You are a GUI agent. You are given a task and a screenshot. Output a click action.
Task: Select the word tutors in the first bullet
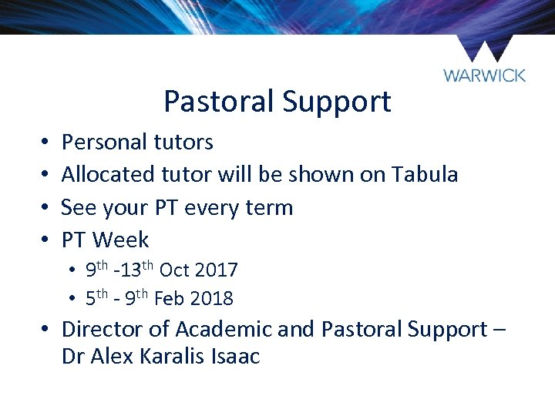click(x=183, y=142)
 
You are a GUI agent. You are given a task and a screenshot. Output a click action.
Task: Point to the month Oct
click(x=174, y=270)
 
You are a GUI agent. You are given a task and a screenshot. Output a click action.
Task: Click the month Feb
click(x=170, y=298)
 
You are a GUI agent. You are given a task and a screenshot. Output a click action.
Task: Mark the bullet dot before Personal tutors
click(x=46, y=143)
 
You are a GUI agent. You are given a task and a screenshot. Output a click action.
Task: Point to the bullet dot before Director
click(x=46, y=330)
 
